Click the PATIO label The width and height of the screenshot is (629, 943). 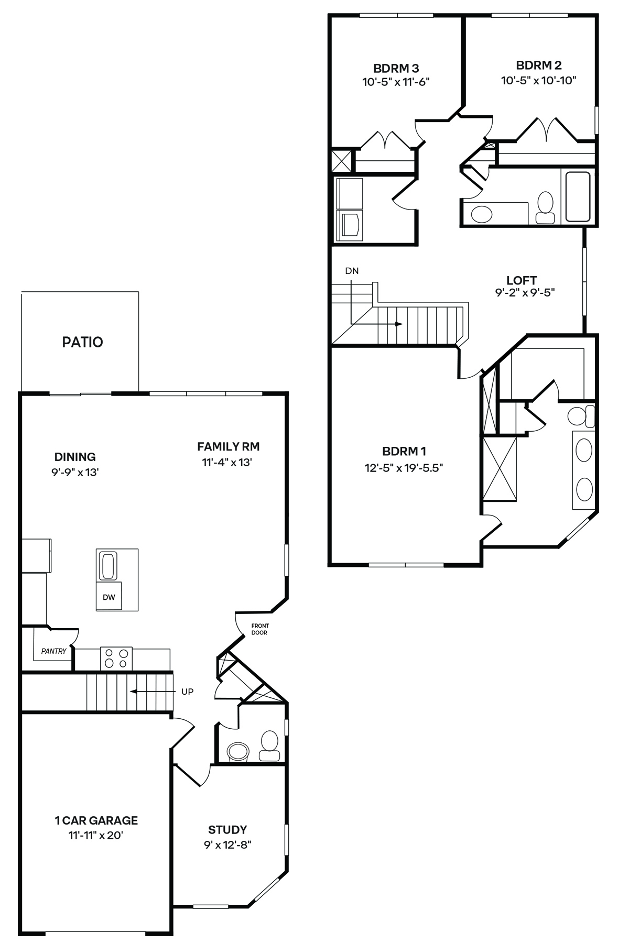(x=82, y=342)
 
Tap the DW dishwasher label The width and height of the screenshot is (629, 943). (x=109, y=597)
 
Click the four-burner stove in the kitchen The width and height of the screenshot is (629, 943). (x=116, y=658)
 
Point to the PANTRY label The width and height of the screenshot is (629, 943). (x=54, y=651)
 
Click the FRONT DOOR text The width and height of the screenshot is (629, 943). (x=259, y=629)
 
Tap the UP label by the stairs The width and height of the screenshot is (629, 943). (x=187, y=692)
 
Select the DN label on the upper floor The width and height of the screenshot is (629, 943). (x=352, y=271)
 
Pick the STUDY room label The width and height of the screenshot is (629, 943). (x=227, y=830)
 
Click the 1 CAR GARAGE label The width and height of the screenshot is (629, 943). (x=96, y=820)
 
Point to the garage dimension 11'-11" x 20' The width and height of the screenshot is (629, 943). (x=95, y=835)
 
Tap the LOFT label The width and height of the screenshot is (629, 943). (x=522, y=280)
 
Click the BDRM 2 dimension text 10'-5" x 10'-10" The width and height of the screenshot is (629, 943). (x=539, y=81)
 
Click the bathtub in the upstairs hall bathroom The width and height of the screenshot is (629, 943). (x=578, y=196)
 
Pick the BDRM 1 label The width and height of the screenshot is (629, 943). (x=404, y=451)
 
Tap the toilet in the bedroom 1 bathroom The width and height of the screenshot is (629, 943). (x=581, y=416)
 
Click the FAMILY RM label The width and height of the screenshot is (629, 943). (x=229, y=446)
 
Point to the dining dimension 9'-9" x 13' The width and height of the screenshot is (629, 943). (x=75, y=472)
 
